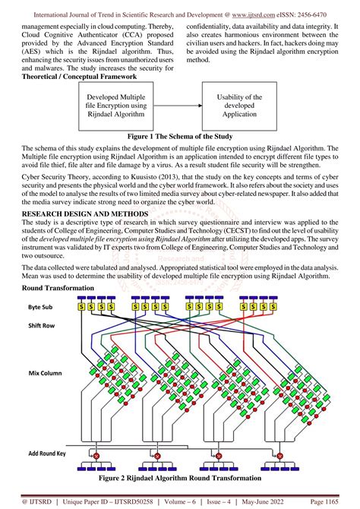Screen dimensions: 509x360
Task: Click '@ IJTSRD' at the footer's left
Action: pos(36,501)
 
